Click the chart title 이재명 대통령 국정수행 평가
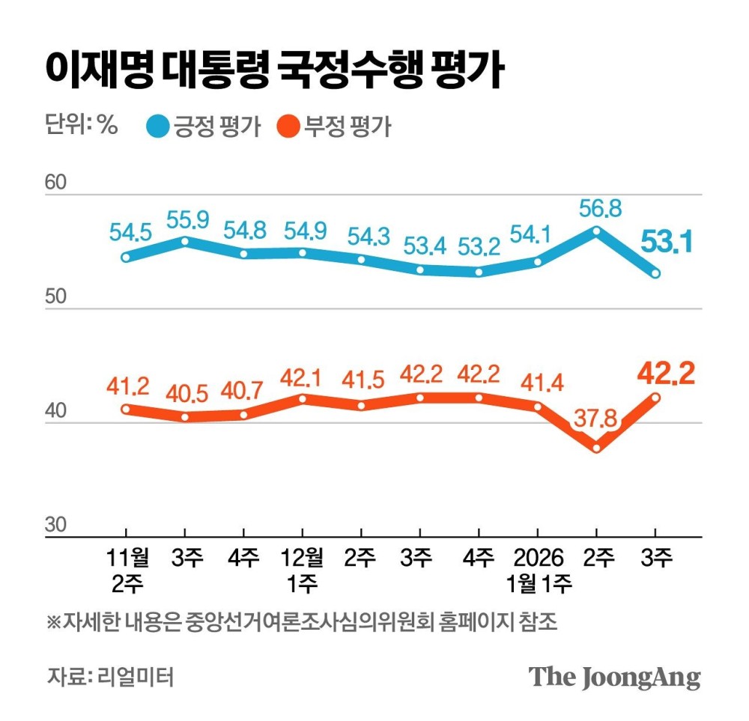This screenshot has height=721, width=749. point(273,73)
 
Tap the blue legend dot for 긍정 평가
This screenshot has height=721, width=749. point(158,126)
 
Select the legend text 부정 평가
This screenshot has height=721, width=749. point(348,126)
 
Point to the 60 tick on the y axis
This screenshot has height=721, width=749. point(56,183)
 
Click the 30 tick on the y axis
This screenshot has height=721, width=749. point(56,525)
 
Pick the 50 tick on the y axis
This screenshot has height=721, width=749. point(56,297)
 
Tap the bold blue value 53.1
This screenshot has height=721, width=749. point(665,242)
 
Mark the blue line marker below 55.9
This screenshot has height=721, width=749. point(184,241)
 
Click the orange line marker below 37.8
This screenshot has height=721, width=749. point(596,448)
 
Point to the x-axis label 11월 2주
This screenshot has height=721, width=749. point(125,570)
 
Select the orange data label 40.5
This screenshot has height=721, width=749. point(185,392)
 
